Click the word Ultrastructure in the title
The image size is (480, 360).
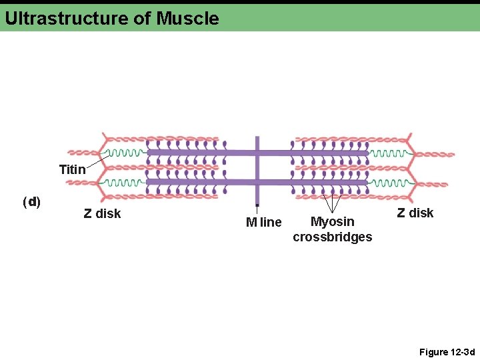tap(67, 18)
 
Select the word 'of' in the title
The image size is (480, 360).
tap(143, 18)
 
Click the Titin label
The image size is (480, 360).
tap(72, 169)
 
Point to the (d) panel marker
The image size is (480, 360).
tap(31, 201)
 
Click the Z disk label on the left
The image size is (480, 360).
tap(102, 213)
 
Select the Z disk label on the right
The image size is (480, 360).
tap(415, 213)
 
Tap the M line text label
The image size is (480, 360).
tap(263, 222)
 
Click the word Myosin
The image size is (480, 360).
tap(332, 221)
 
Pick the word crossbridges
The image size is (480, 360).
tap(332, 237)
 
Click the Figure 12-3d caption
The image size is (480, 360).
tap(447, 351)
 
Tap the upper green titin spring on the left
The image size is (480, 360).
tap(127, 153)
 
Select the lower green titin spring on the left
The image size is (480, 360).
tap(127, 181)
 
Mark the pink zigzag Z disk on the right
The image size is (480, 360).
tap(411, 167)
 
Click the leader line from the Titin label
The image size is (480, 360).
tap(98, 159)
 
